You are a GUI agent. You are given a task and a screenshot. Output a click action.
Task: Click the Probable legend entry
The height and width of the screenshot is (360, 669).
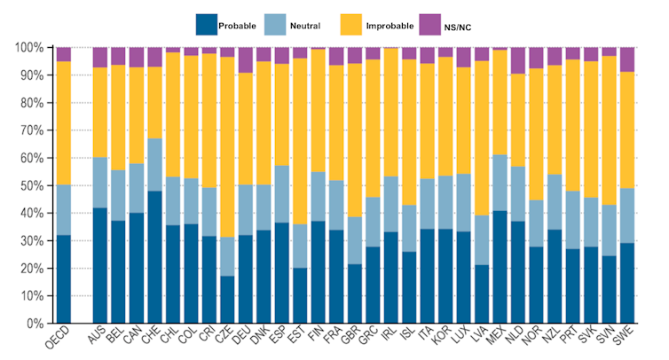226,26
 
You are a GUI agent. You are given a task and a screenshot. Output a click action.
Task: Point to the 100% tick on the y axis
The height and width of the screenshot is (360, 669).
31,47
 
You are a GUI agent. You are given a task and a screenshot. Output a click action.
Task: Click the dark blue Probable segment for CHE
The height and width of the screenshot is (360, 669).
154,257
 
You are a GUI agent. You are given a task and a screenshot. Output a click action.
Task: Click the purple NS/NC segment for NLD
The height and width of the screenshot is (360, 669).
518,60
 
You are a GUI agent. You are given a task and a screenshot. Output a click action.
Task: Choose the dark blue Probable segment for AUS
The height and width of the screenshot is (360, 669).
99,265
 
